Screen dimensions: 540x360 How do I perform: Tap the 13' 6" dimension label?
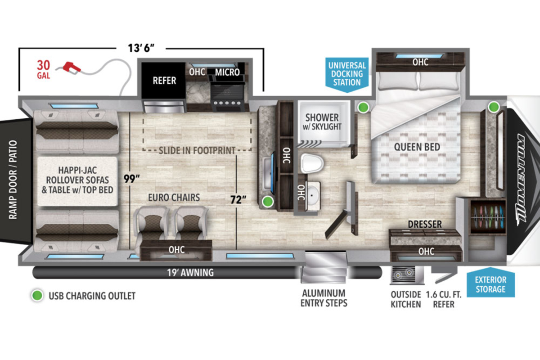(x=141, y=48)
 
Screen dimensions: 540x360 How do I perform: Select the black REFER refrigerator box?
(x=163, y=80)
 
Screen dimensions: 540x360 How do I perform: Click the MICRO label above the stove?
(x=227, y=72)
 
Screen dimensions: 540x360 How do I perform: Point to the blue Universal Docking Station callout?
(x=347, y=75)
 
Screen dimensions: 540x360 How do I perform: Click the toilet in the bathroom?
(x=312, y=163)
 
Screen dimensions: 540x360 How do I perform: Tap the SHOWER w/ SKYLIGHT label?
(x=322, y=122)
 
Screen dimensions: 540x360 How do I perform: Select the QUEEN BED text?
(x=417, y=147)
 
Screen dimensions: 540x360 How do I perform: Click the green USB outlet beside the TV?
(x=268, y=201)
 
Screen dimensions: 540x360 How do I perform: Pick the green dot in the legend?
(x=37, y=295)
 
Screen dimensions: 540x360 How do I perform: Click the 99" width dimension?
(x=131, y=179)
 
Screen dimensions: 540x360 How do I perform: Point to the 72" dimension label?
(x=238, y=199)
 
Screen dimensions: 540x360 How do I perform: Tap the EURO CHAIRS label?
(x=174, y=198)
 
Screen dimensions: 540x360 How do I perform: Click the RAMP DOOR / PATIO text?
(x=13, y=180)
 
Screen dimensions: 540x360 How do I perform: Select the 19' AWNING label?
(x=190, y=272)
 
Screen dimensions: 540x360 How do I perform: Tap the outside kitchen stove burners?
(x=403, y=274)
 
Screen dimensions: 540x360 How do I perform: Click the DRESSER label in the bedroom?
(x=425, y=224)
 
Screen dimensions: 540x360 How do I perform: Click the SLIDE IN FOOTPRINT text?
(x=197, y=150)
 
